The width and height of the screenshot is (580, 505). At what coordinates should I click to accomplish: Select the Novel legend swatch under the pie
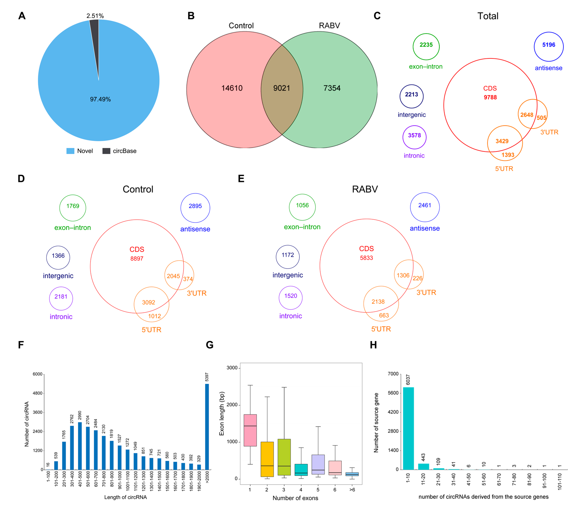[x=70, y=151]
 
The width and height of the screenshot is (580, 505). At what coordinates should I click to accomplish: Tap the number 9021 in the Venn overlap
[x=281, y=88]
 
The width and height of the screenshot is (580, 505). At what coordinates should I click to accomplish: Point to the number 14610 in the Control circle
[x=232, y=88]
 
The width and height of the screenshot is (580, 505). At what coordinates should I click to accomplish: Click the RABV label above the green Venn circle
[x=329, y=26]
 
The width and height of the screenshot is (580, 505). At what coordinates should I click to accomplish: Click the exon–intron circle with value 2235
[x=426, y=47]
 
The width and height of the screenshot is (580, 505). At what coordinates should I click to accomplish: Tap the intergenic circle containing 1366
[x=58, y=257]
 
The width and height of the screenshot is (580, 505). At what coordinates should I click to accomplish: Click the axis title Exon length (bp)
[x=222, y=413]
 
